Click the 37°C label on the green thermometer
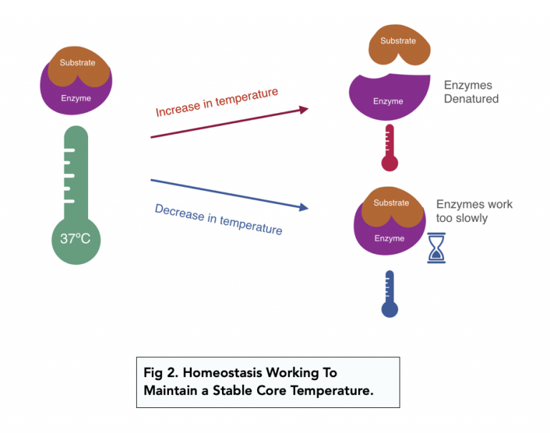tap(75, 239)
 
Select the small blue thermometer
tap(389, 294)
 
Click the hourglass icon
tap(436, 248)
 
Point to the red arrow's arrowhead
tap(304, 110)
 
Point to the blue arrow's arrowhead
tap(304, 208)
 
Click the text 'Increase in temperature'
tap(216, 102)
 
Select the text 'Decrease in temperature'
tap(218, 219)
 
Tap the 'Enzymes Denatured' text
tap(471, 92)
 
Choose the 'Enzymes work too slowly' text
tap(474, 211)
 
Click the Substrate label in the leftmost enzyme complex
tap(77, 63)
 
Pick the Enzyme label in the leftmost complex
tap(77, 98)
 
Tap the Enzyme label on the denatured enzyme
tap(388, 102)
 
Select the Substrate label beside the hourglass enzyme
tap(391, 203)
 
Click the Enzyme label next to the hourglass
tap(390, 238)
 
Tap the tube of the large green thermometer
tap(75, 172)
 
